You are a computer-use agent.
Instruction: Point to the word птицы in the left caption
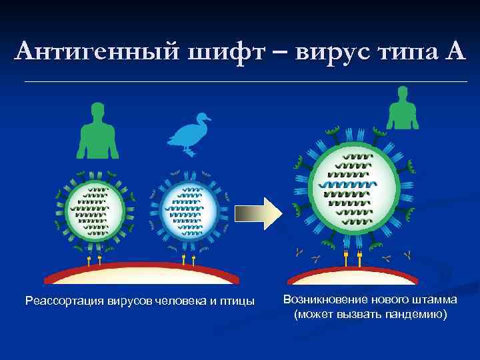[237, 301]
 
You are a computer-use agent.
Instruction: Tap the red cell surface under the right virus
[353, 273]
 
